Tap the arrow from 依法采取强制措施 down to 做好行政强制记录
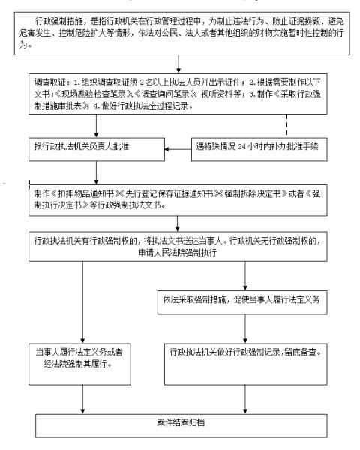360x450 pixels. click(244, 323)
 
